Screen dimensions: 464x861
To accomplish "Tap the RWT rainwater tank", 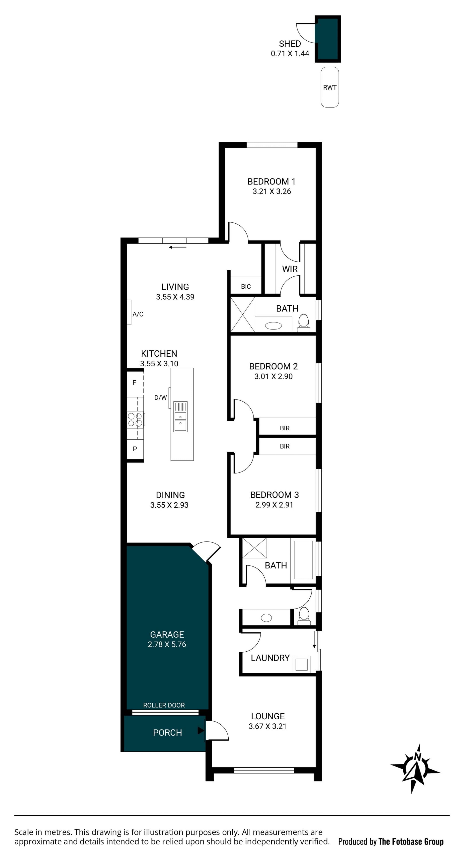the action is pos(330,87).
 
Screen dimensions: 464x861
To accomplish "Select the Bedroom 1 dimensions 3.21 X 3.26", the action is pos(272,191).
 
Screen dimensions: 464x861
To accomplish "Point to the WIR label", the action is pos(290,269).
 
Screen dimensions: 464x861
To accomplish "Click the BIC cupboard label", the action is pos(246,287).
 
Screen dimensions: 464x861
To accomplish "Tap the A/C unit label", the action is pos(138,314).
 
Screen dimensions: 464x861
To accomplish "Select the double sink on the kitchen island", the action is pos(180,417).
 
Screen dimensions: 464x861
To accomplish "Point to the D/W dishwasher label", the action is pos(160,398).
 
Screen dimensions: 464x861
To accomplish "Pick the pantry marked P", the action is pos(135,449).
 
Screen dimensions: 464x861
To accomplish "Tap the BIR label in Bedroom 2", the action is pos(285,428).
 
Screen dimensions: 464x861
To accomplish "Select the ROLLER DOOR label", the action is pos(164,705).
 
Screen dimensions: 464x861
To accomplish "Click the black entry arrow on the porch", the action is pos(201,731).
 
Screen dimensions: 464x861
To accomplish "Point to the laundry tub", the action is pos(302,664).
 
